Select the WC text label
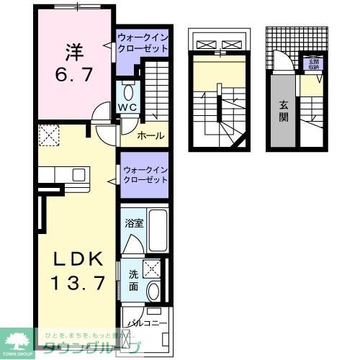(x=128, y=108)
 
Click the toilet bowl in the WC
(x=128, y=92)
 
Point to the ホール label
(x=149, y=134)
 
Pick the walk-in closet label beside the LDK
(x=145, y=174)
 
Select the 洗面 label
(x=134, y=279)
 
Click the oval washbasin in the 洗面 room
(x=153, y=292)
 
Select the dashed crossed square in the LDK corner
(x=49, y=134)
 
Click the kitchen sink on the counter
(x=75, y=174)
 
